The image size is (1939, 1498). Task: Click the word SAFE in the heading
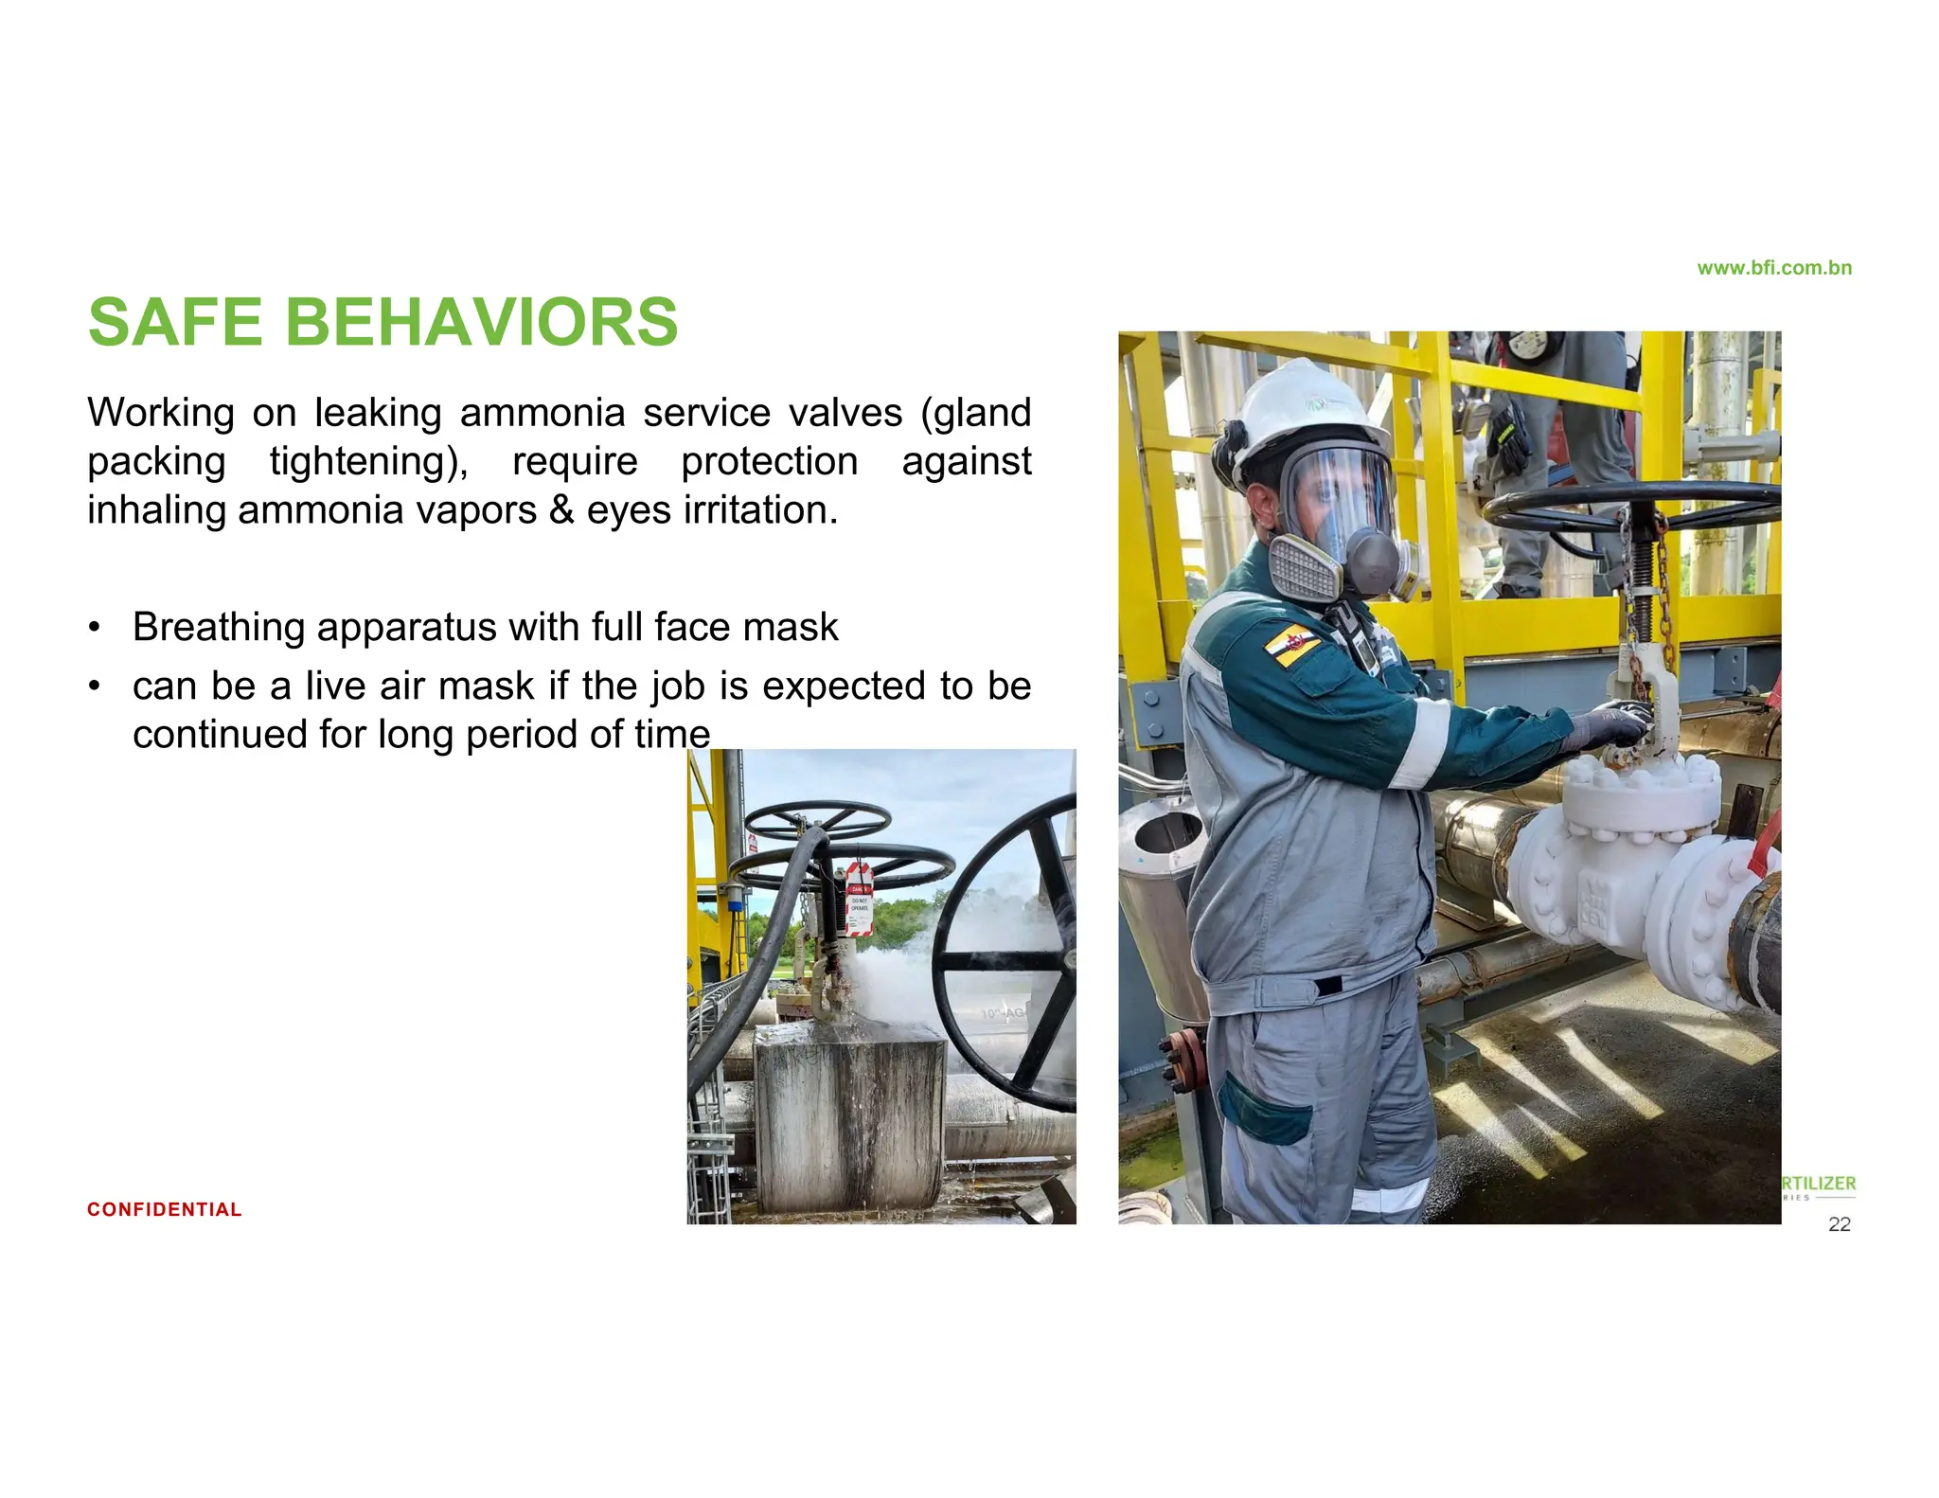tap(175, 323)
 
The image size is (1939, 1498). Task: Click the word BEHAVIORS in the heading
tap(481, 323)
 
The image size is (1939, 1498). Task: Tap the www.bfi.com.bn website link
tap(1773, 268)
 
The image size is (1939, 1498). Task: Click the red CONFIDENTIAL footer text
tap(164, 1209)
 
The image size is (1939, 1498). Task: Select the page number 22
tap(1839, 1224)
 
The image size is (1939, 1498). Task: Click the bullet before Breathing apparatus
tap(94, 628)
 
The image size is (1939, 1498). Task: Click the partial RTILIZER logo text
tap(1818, 1184)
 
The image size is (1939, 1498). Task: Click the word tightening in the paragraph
tap(368, 462)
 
